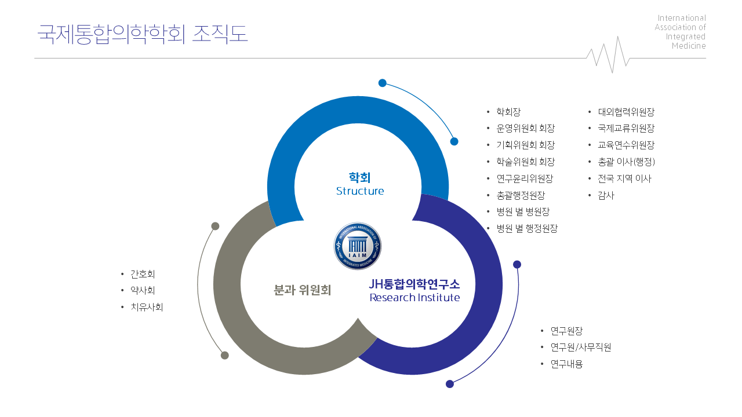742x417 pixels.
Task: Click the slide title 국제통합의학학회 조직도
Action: click(x=143, y=34)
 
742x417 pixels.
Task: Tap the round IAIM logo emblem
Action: click(x=358, y=246)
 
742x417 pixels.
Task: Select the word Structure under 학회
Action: click(x=360, y=191)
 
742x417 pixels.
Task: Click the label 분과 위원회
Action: click(x=303, y=290)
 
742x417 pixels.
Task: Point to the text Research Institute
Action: click(x=414, y=298)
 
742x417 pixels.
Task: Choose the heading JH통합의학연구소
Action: click(x=414, y=284)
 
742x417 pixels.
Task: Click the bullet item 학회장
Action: click(x=508, y=112)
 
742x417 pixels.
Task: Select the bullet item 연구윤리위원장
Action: click(x=525, y=179)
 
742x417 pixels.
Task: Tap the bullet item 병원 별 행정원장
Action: click(x=527, y=228)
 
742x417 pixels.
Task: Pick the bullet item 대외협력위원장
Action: click(x=626, y=112)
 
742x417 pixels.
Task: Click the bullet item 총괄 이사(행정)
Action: click(x=627, y=162)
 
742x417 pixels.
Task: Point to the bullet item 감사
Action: click(x=606, y=196)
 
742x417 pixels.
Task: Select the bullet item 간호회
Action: click(x=143, y=274)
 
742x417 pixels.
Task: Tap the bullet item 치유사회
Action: click(x=147, y=307)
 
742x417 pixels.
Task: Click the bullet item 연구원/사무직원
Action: click(x=581, y=347)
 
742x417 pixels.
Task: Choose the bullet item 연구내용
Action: click(x=566, y=364)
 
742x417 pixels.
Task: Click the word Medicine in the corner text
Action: click(x=689, y=46)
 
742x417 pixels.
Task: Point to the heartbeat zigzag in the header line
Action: click(x=608, y=54)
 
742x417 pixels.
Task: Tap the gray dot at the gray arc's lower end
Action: click(x=224, y=356)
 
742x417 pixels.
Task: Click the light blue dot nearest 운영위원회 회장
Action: click(x=454, y=142)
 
